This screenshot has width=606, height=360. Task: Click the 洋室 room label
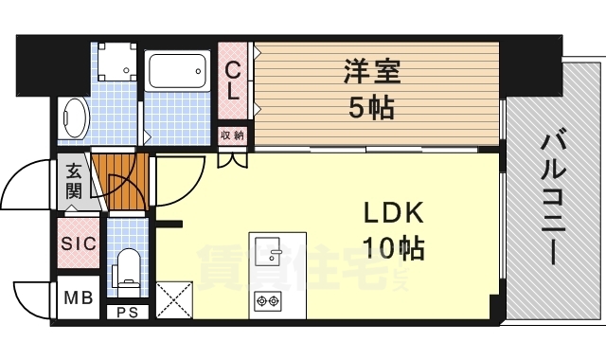(372, 71)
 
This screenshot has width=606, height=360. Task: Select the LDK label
(394, 212)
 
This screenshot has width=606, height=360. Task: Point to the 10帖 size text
(394, 247)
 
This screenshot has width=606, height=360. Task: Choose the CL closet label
(233, 81)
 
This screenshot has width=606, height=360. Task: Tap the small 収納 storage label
(232, 135)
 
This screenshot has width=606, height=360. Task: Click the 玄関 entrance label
(74, 181)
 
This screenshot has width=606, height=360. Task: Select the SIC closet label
(79, 243)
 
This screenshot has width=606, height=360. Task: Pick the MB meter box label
(79, 297)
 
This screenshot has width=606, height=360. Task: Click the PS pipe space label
(128, 313)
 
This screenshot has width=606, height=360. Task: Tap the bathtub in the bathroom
(178, 71)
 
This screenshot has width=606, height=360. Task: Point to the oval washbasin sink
(76, 117)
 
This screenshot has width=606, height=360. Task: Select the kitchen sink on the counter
(267, 251)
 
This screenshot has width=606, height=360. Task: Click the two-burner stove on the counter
(268, 300)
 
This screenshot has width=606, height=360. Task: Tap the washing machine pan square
(117, 62)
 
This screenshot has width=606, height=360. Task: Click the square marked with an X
(174, 300)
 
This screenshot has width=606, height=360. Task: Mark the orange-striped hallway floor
(121, 182)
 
